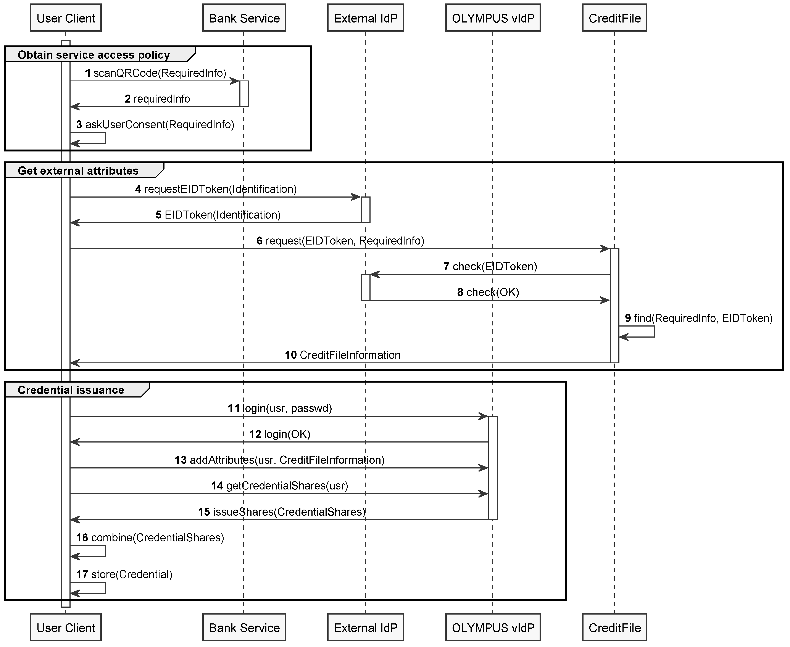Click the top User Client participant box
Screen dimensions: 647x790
(x=66, y=18)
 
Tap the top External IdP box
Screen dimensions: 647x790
(x=365, y=18)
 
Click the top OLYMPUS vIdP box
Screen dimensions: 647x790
(x=492, y=18)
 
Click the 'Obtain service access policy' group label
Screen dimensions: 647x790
(x=94, y=55)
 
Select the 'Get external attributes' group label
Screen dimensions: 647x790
(x=78, y=171)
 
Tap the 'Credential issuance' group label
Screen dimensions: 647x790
(x=71, y=390)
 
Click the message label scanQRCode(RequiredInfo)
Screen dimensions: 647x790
(x=160, y=73)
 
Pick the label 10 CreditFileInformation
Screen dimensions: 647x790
(x=343, y=355)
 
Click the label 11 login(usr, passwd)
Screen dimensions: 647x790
(x=280, y=409)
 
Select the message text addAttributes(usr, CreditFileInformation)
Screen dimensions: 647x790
(x=287, y=460)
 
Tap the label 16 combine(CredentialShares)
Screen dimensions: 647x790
(x=150, y=538)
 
